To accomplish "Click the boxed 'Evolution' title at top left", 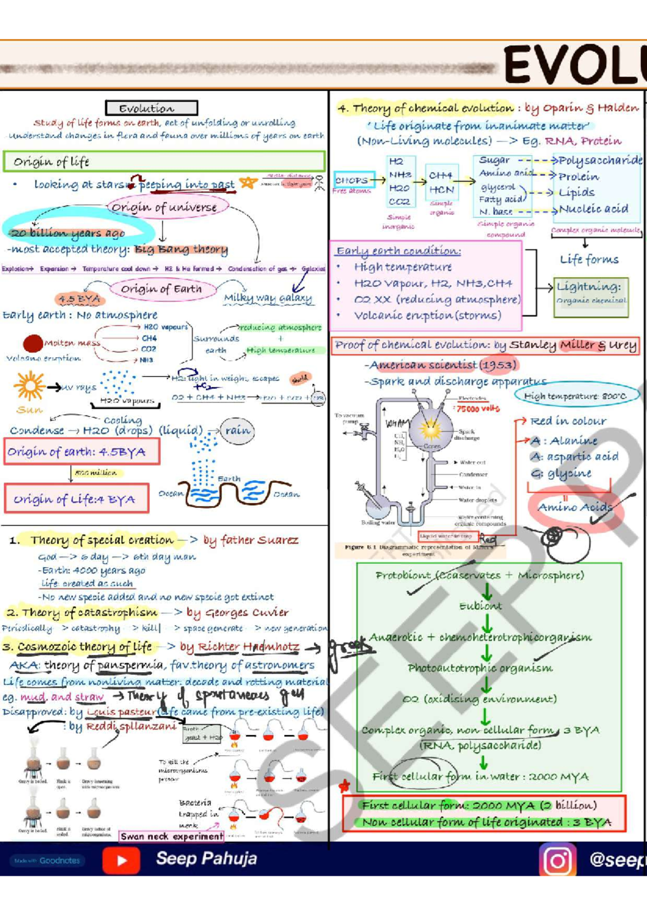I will (x=152, y=108).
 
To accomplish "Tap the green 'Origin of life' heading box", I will (x=163, y=161).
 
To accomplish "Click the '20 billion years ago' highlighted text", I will (x=68, y=233).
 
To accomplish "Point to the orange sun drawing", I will (x=29, y=386).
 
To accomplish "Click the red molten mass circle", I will (x=33, y=344).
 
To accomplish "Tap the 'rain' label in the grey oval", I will (x=237, y=430).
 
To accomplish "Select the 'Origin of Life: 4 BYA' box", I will (x=76, y=498).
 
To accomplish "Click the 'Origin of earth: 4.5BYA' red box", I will (x=82, y=452).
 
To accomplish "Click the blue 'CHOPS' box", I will (x=353, y=180).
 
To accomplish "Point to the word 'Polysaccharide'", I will (x=600, y=160).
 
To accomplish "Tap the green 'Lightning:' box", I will (x=591, y=293).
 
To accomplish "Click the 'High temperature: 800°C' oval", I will (x=575, y=395).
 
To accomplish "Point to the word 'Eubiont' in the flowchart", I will (x=480, y=606).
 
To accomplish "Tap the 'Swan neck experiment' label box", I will (x=171, y=836).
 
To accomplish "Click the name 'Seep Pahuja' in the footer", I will (x=206, y=858).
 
